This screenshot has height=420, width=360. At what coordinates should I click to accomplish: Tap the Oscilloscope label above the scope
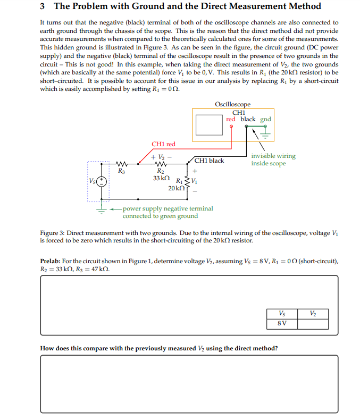(x=232, y=104)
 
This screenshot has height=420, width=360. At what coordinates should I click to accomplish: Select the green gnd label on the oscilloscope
(x=265, y=119)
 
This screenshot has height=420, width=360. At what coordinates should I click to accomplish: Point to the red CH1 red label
(x=163, y=144)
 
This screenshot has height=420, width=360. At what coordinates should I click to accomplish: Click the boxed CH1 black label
(x=210, y=161)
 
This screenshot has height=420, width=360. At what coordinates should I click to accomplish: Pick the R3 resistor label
(x=121, y=171)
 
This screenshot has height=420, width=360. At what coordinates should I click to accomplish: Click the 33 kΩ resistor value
(x=161, y=178)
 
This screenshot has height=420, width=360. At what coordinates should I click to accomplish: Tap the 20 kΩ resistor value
(x=176, y=189)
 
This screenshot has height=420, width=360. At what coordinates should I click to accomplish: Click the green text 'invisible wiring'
(x=273, y=156)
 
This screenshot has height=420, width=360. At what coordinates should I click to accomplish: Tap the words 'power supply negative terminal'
(x=168, y=208)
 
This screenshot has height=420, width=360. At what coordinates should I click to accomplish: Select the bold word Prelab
(x=51, y=261)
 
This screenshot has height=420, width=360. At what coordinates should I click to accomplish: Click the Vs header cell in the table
(x=281, y=314)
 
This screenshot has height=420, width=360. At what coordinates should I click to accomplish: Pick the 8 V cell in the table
(x=281, y=324)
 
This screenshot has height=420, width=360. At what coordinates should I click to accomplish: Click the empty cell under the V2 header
(x=312, y=324)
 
